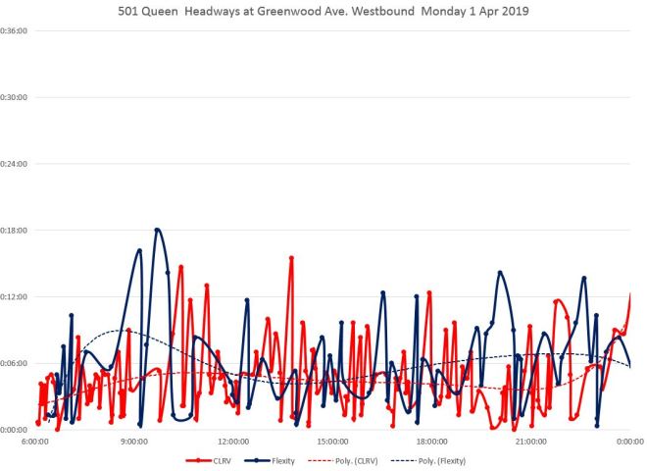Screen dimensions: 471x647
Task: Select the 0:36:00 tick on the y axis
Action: point(13,30)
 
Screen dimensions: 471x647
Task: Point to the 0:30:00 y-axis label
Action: point(13,97)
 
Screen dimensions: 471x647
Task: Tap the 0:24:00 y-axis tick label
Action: point(13,164)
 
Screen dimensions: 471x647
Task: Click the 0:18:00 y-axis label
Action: point(13,230)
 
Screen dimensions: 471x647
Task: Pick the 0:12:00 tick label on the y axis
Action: point(13,296)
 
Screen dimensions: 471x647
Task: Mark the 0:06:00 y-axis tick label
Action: point(13,363)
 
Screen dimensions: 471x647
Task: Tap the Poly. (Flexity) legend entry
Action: point(438,460)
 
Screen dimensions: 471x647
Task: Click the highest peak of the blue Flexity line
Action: point(157,230)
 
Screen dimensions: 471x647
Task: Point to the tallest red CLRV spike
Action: point(291,257)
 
